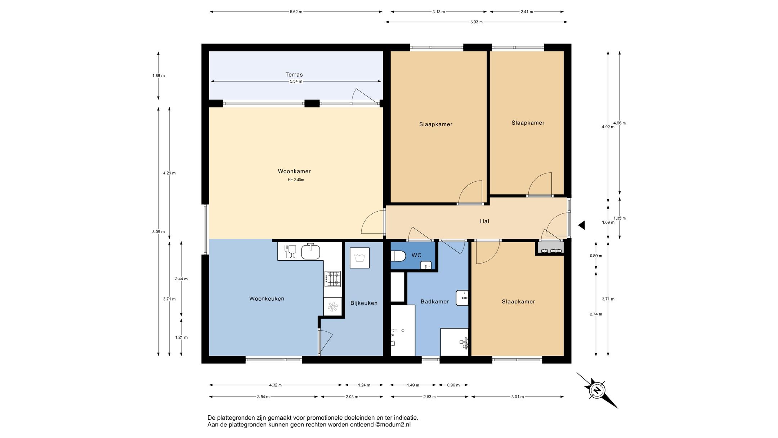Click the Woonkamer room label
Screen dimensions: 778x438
coord(294,171)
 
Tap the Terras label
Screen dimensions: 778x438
coord(294,75)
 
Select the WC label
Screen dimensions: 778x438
coord(416,255)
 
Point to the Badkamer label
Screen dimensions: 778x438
coord(435,301)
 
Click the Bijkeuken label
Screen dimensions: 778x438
coord(364,303)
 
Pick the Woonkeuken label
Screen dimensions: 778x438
coord(267,298)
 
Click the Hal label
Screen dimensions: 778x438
coord(484,221)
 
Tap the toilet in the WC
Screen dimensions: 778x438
coord(398,256)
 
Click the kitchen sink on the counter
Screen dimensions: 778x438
coord(310,251)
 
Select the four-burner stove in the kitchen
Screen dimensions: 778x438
coord(332,279)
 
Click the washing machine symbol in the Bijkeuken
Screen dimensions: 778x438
coord(359,258)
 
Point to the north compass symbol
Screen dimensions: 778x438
coord(597,390)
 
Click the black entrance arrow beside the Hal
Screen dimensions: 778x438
coord(581,225)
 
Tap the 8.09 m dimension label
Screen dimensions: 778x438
coord(158,232)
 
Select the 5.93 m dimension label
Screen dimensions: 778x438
coord(476,22)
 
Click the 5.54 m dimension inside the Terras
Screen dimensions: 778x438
coord(296,81)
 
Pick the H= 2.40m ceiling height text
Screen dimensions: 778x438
coord(296,180)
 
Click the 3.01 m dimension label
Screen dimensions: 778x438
coord(518,397)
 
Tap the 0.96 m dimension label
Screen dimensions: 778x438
coord(453,385)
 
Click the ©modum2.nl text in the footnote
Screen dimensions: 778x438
coord(393,425)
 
